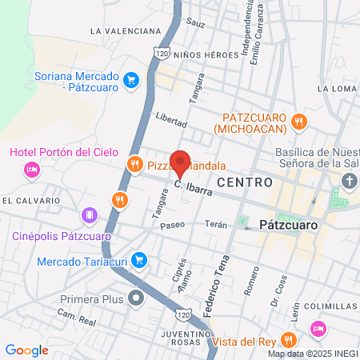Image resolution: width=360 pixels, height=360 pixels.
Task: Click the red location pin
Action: tap(181, 163)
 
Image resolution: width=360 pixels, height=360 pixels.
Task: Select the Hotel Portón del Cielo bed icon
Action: tap(31, 170)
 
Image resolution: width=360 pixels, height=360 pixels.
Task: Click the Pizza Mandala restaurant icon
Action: tap(133, 166)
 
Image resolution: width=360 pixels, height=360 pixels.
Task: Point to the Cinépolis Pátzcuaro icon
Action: tap(90, 215)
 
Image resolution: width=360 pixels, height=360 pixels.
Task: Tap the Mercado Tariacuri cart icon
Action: tap(138, 259)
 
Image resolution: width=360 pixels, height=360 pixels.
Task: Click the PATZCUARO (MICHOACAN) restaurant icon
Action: tap(298, 122)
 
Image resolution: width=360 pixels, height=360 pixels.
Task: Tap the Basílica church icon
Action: tap(349, 182)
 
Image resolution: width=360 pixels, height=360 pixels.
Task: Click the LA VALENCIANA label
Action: tap(126, 31)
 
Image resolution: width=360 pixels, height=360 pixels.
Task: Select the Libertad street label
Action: tap(171, 120)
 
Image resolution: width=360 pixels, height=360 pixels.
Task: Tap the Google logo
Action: tap(26, 350)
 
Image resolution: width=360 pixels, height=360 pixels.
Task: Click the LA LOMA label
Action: tap(335, 88)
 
